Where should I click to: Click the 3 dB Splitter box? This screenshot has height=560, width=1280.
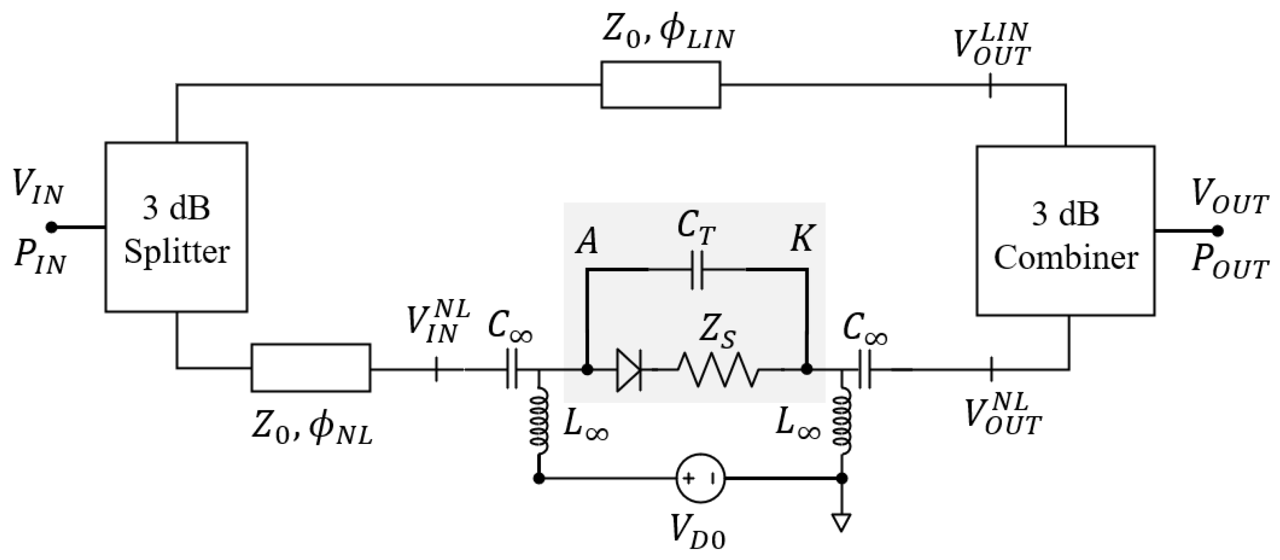176,227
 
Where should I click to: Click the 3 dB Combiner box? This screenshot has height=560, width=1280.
1065,231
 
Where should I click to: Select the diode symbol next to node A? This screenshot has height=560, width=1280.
629,369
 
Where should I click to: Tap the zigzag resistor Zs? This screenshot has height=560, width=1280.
718,369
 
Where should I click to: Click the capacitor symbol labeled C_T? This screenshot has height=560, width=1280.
697,270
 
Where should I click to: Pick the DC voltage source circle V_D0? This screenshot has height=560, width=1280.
700,479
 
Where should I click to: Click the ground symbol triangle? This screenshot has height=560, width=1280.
841,522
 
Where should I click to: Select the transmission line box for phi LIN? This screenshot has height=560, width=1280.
660,85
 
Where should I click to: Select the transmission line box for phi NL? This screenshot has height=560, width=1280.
311,368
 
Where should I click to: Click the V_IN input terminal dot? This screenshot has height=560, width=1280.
52,228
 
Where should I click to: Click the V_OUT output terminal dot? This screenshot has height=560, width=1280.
1217,231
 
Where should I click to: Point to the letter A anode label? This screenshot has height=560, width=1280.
587,242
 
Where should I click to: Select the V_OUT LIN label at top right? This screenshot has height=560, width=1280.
991,46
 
